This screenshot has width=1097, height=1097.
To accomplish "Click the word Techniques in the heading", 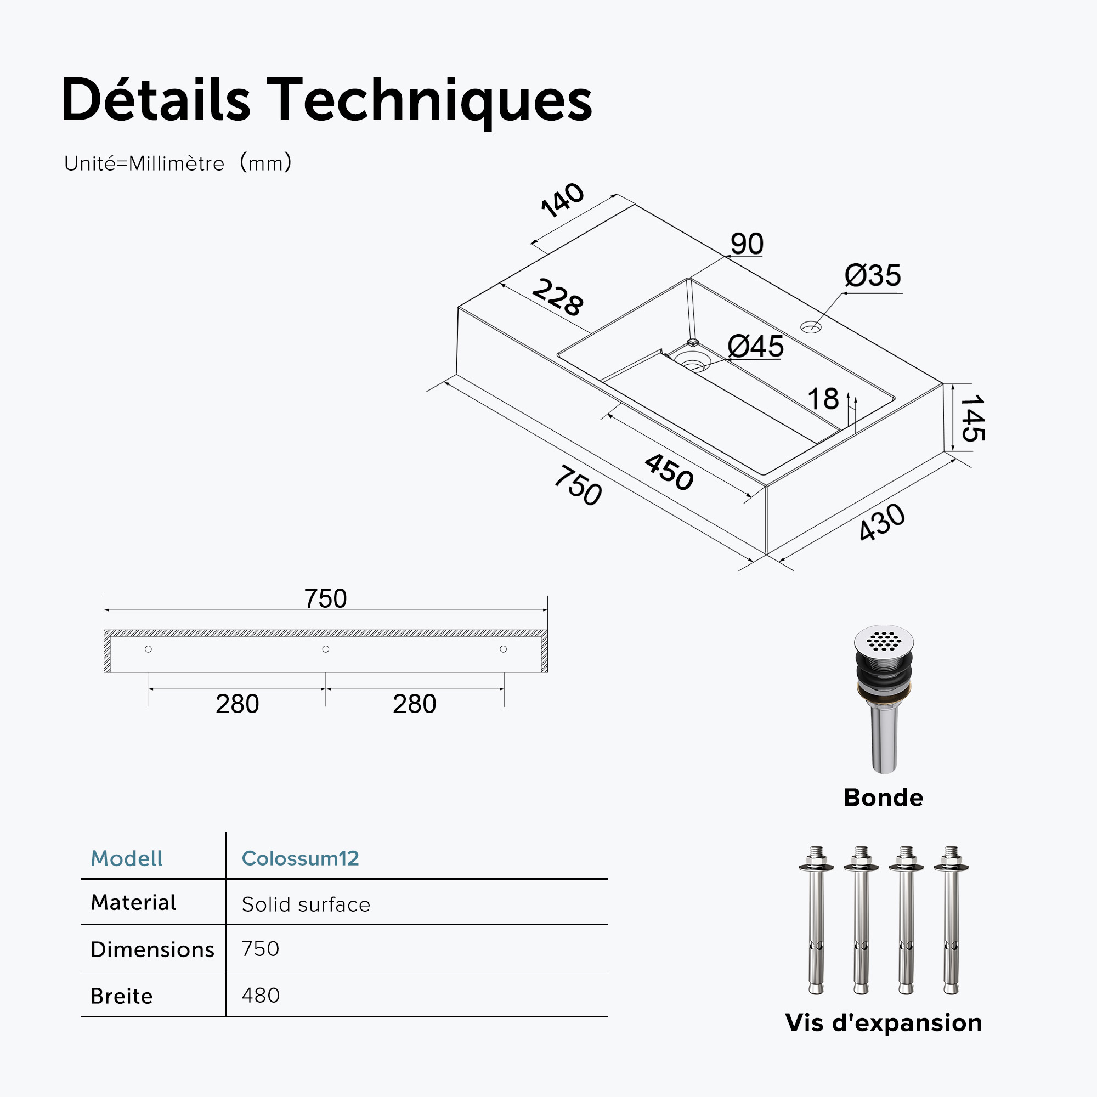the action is point(430,100).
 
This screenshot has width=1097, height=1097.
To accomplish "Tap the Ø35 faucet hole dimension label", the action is point(873,276).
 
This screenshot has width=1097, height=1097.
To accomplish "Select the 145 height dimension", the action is point(972,418).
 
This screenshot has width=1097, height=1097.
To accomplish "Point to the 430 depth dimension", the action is point(882,522).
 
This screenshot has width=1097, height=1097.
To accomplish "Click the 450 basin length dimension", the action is point(669,472).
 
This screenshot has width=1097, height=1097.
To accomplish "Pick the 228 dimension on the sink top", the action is point(558,296).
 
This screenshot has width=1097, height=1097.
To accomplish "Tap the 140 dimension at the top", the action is point(562,200).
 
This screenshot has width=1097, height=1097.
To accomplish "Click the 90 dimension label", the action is point(747,244).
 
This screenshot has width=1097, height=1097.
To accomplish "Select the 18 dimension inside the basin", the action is point(823,399).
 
